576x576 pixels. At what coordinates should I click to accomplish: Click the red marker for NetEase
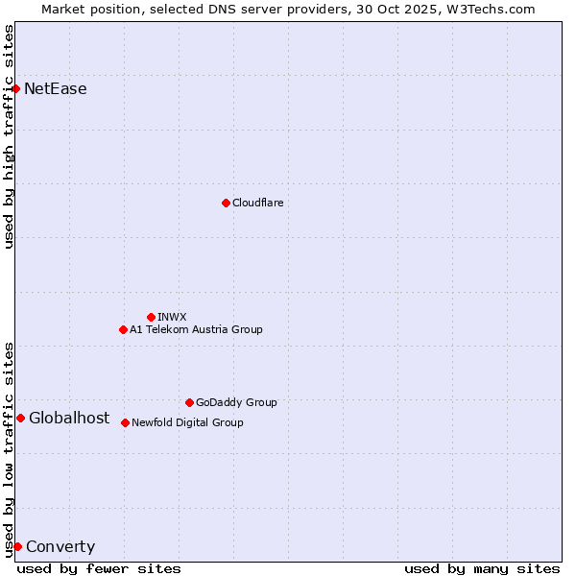coord(15,89)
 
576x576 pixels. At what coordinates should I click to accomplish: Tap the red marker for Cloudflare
coord(226,203)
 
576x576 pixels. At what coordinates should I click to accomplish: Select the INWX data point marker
coord(151,317)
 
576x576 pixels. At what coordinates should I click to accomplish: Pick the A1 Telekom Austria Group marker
coord(123,329)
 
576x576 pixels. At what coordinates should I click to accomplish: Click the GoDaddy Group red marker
coord(189,402)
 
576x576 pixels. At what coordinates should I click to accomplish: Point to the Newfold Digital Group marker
coord(125,422)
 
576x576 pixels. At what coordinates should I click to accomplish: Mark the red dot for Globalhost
coord(20,418)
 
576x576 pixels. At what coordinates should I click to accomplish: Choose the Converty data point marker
coord(17,546)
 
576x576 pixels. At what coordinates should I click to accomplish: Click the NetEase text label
coord(56,89)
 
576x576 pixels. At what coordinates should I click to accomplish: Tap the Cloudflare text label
coord(258,203)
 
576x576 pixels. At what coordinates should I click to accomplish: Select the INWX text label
coord(173,317)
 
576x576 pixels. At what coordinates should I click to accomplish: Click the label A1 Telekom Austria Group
coord(196,329)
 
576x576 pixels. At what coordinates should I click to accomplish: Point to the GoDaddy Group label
coord(236,402)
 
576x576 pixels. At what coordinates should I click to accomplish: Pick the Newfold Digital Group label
coord(187,422)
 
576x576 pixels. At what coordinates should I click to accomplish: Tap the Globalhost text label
coord(69,418)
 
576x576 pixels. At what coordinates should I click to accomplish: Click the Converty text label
coord(60,547)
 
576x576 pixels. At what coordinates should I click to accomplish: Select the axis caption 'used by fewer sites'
coord(99,568)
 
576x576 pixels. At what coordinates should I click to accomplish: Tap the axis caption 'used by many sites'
coord(482,568)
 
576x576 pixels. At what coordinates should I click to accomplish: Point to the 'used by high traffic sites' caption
coord(9,136)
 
